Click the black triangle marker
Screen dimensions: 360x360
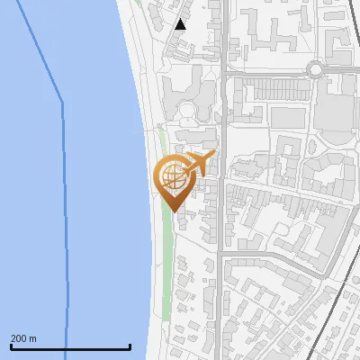coord(181,24)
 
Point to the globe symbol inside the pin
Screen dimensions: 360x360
coord(172,175)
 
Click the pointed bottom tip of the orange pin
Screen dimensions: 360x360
coord(172,210)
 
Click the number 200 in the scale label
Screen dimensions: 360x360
coord(18,338)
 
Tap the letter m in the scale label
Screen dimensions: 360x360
coord(33,338)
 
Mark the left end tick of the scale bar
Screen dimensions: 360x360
coord(11,346)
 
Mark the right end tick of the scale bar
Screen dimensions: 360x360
coord(130,346)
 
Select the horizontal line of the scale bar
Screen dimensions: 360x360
coord(70,346)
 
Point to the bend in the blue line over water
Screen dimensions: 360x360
coord(62,103)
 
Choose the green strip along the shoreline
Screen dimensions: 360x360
coord(166,261)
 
